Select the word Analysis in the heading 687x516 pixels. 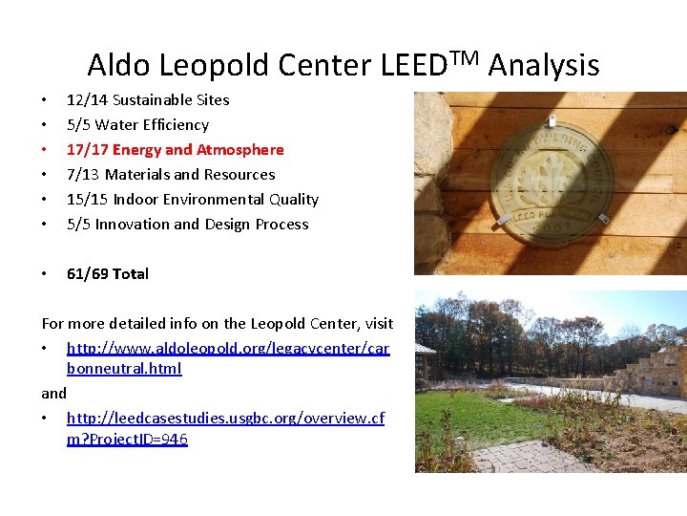[x=544, y=65]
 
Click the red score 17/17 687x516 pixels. [x=87, y=149]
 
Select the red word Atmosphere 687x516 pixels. [x=240, y=149]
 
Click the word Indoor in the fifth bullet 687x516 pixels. [x=137, y=199]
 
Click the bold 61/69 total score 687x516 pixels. [x=87, y=273]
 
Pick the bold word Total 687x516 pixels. [x=131, y=273]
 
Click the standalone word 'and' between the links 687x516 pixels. [x=53, y=393]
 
